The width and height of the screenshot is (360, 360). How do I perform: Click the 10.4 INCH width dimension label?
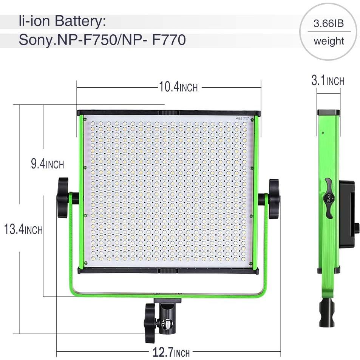point(178,87)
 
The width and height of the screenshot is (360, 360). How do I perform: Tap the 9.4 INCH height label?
point(47,164)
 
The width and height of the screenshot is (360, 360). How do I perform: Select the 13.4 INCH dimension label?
point(23,229)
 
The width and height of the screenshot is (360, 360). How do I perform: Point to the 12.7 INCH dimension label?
point(171,353)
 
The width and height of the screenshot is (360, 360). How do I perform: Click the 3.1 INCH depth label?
point(328,81)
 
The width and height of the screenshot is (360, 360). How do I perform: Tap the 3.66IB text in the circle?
point(329,24)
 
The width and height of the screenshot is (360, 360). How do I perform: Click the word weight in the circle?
point(329,41)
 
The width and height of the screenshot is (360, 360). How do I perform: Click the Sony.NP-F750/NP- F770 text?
point(102,39)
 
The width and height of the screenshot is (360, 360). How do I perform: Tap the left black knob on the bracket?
point(63,198)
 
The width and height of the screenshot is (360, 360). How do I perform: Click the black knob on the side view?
point(327,198)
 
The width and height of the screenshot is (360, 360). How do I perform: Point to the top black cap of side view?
point(328,112)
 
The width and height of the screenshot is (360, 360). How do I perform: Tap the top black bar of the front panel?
point(168,113)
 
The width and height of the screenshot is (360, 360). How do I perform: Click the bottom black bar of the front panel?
point(168,270)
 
